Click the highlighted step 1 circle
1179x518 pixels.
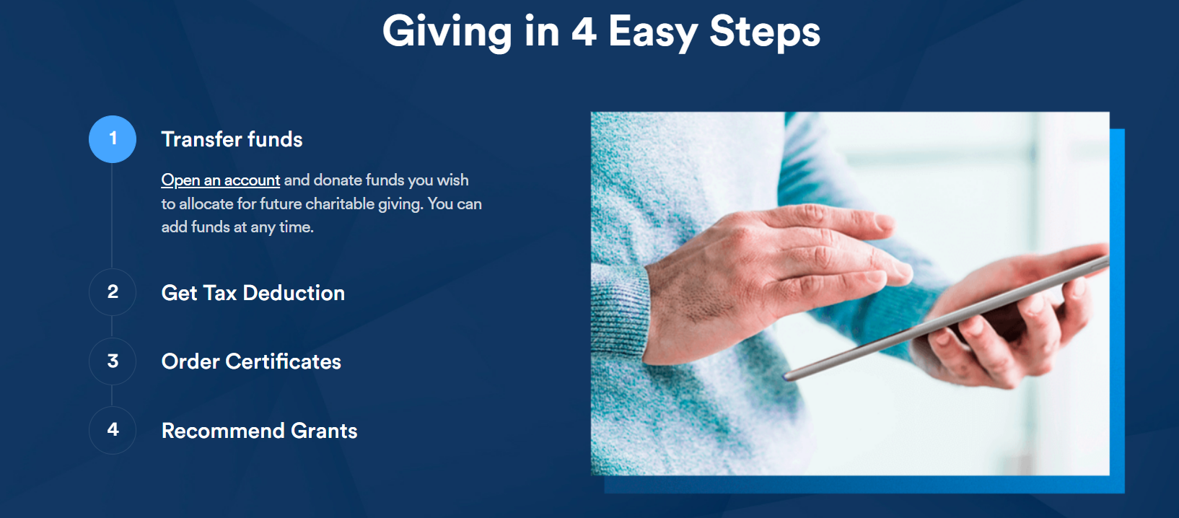[112, 139]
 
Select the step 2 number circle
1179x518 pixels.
[112, 292]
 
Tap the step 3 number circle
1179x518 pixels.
[112, 361]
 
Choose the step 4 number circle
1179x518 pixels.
[112, 430]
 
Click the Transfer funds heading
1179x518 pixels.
[232, 139]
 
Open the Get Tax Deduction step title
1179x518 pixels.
[253, 293]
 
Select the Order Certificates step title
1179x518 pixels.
[251, 361]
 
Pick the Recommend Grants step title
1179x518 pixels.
[259, 431]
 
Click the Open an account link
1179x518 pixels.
[221, 180]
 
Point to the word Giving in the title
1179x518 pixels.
[447, 32]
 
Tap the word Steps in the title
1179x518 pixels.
[765, 32]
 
